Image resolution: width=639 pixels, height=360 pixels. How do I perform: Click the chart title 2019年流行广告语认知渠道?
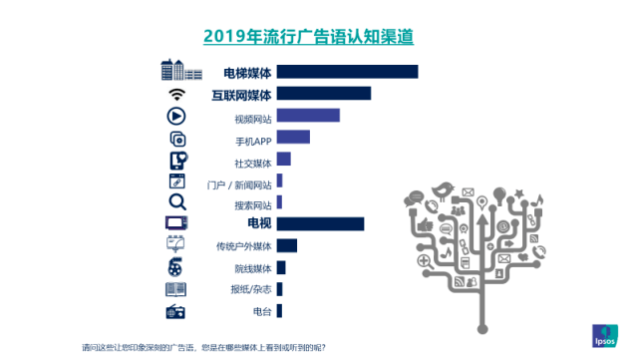[308, 37]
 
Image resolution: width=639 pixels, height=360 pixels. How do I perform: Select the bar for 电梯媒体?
[347, 72]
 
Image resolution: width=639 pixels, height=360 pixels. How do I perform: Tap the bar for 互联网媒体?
[323, 94]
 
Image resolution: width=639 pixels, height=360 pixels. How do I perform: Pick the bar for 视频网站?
[308, 116]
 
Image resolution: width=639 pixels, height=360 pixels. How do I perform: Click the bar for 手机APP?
[293, 138]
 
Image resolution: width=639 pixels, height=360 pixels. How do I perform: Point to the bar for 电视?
[320, 223]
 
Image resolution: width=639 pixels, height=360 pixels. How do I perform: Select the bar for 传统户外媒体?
[287, 245]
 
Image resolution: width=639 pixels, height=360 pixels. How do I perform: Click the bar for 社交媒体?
[283, 160]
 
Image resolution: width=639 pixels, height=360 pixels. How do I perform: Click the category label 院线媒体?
[252, 268]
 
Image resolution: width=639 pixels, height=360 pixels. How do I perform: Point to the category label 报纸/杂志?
[250, 290]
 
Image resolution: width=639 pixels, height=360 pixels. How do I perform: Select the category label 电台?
[261, 312]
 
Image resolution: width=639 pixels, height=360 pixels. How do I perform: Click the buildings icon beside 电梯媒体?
[180, 70]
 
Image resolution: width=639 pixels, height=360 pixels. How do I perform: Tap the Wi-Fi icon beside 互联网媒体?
[177, 94]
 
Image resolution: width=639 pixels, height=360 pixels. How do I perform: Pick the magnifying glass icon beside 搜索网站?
[176, 202]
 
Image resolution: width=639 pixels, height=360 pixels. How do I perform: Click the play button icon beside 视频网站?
[176, 116]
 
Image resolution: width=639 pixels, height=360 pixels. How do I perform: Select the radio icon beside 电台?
[176, 312]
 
